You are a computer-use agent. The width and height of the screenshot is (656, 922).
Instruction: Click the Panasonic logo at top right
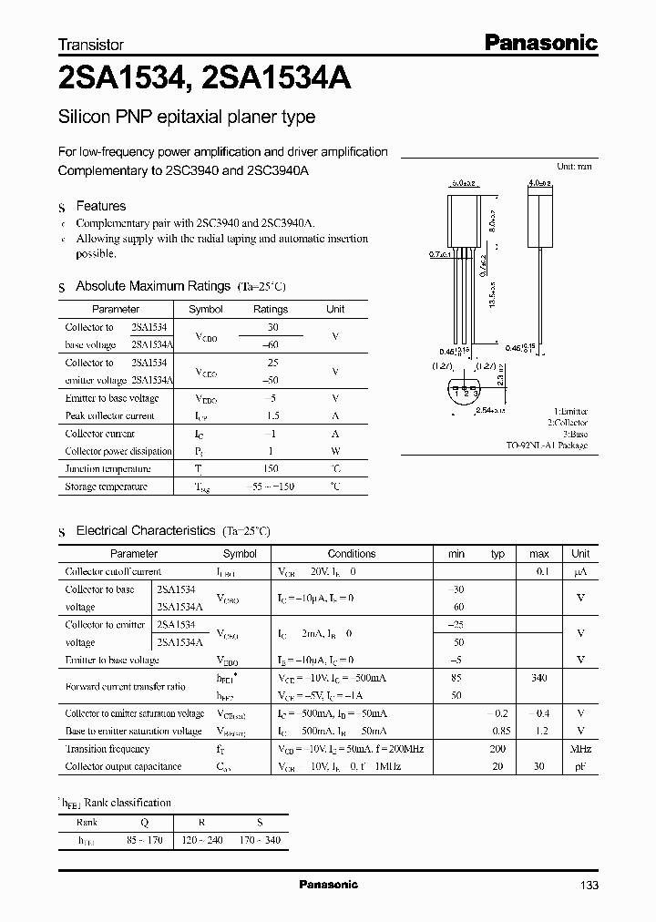click(x=539, y=42)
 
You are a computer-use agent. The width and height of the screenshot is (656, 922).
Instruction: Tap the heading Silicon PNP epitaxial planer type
click(x=187, y=118)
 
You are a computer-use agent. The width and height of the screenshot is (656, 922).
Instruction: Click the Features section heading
click(x=100, y=207)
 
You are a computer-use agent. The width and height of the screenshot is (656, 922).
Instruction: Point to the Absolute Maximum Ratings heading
click(x=152, y=286)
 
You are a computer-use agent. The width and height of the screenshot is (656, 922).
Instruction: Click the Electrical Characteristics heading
click(x=145, y=530)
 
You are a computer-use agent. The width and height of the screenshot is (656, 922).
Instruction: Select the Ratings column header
click(x=271, y=310)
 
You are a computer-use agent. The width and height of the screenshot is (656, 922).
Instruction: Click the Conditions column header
click(x=352, y=554)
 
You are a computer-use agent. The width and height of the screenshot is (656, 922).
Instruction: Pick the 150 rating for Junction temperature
click(x=271, y=469)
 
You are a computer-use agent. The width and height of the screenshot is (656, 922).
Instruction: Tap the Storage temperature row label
click(x=106, y=487)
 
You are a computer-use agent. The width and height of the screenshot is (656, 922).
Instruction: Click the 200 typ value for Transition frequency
click(x=497, y=749)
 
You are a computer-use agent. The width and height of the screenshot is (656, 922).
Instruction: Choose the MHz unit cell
click(x=580, y=749)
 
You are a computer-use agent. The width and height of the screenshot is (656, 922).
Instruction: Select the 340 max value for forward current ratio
click(x=538, y=678)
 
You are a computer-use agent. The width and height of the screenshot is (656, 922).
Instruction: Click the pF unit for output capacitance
click(x=580, y=767)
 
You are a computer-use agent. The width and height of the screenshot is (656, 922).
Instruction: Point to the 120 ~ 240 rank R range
click(x=203, y=840)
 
